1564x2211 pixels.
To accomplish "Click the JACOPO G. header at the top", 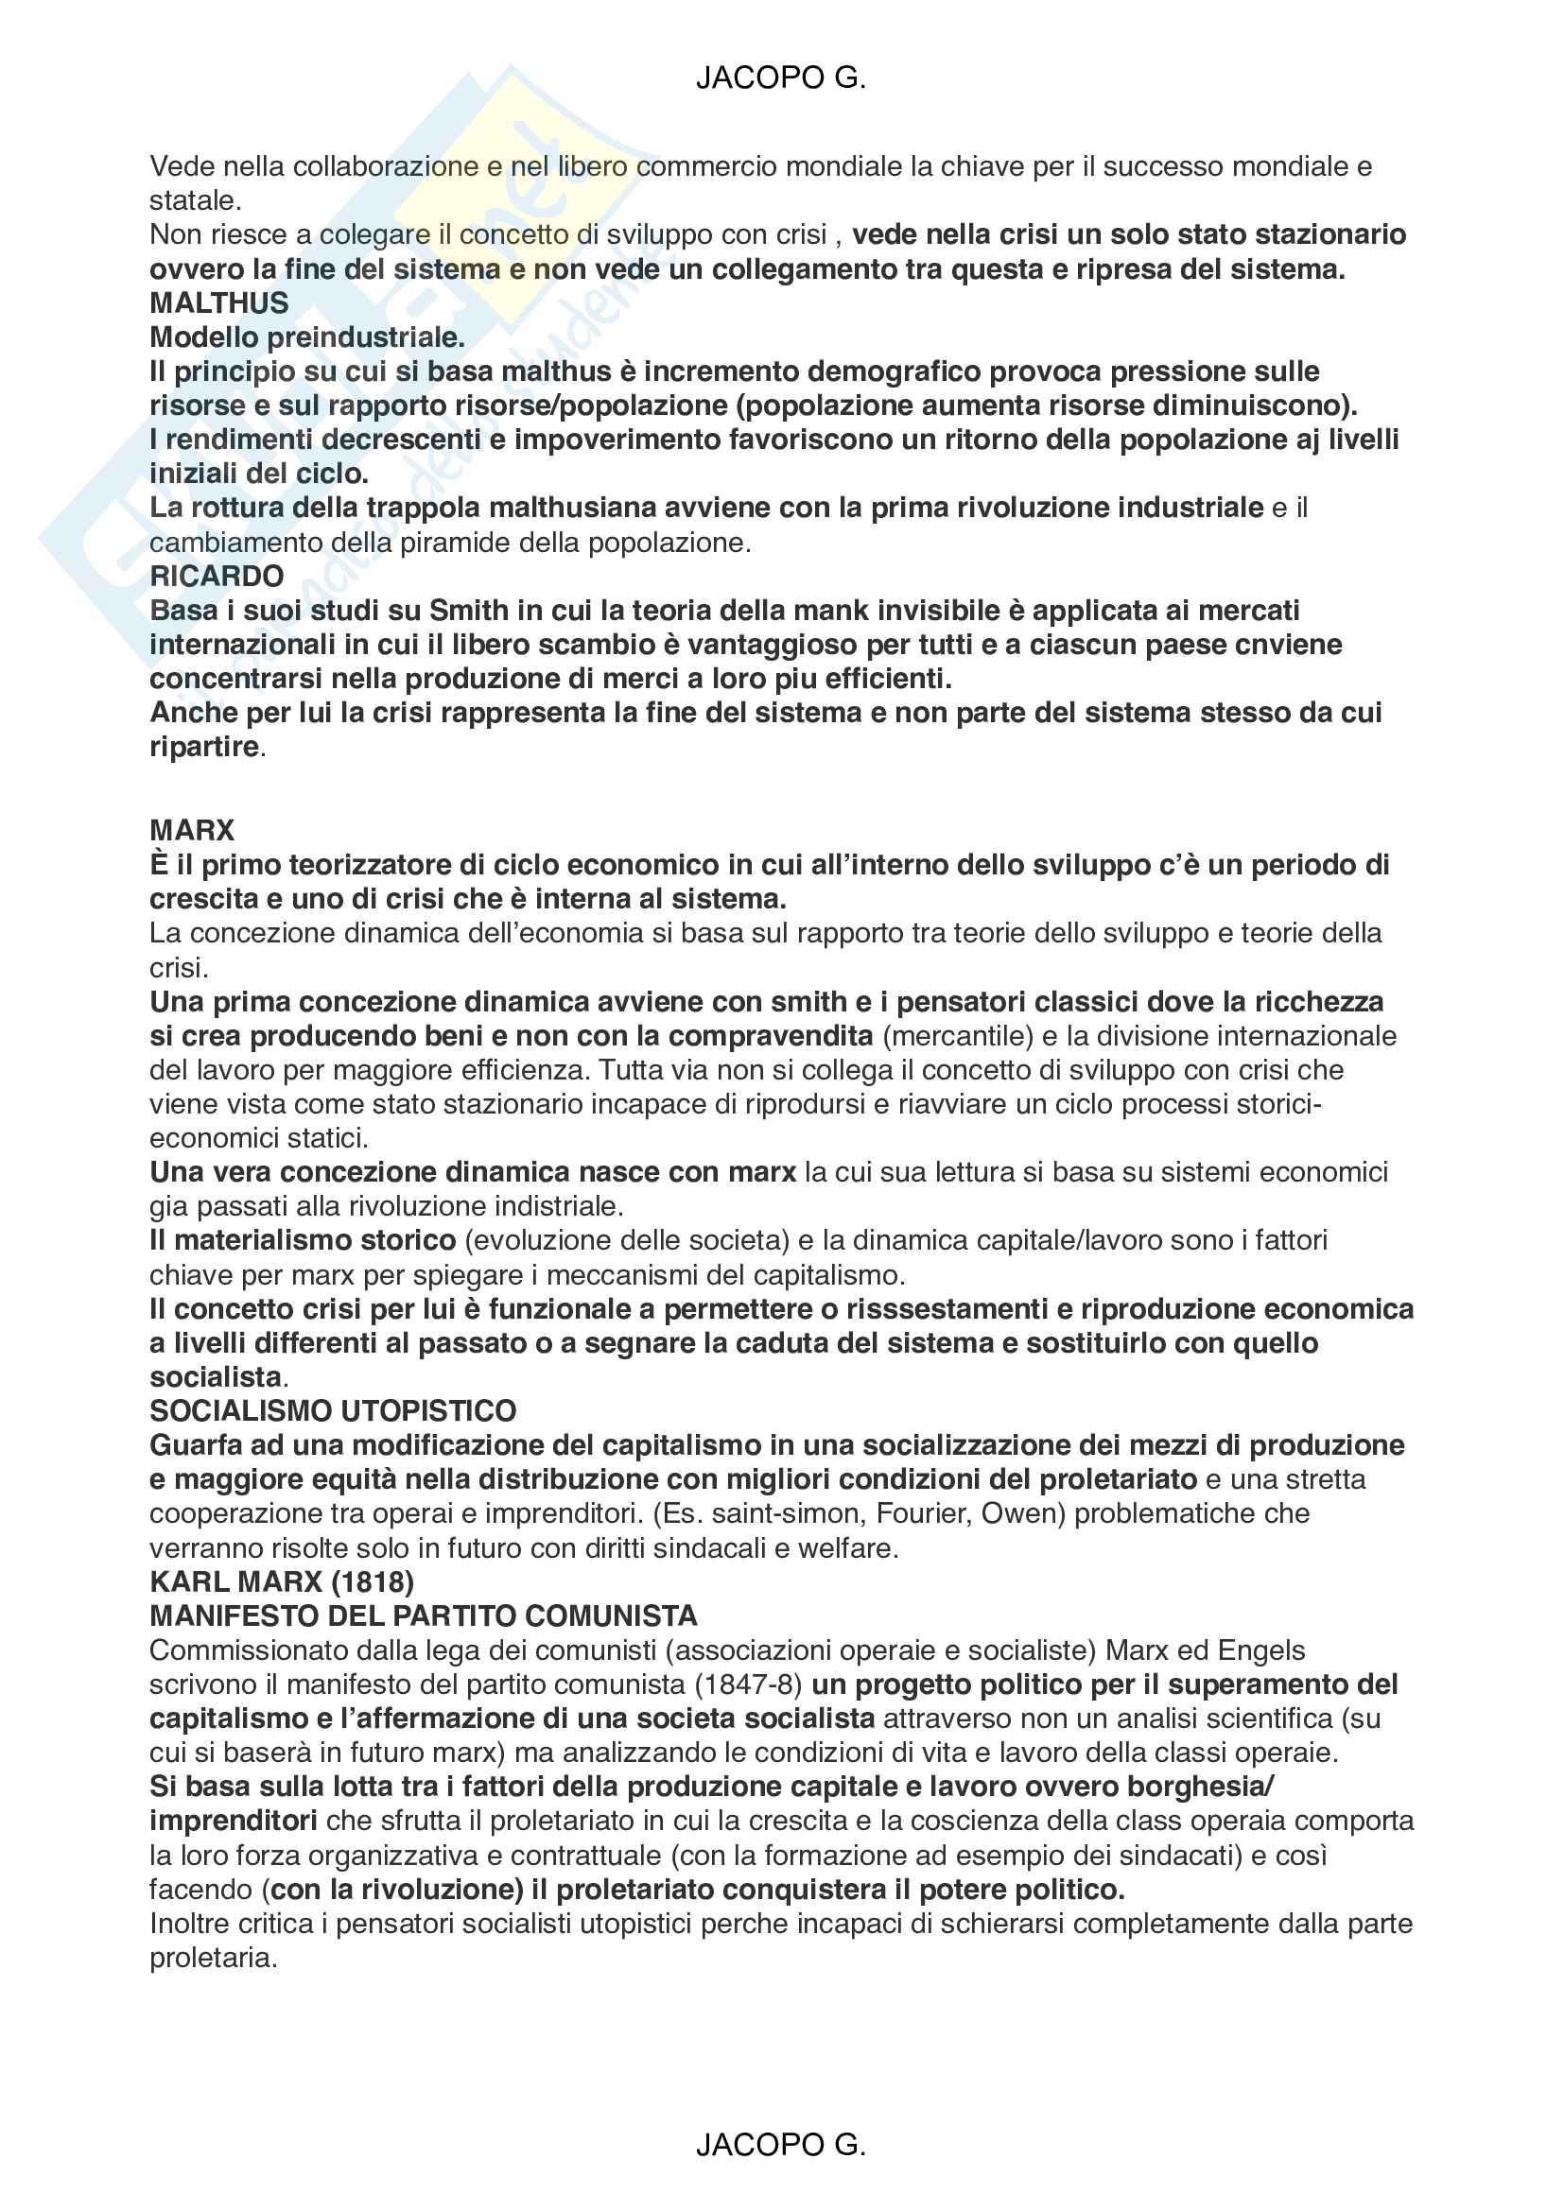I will coord(780,78).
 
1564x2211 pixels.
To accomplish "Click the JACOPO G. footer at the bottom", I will coord(780,2145).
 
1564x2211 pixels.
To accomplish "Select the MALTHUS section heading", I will coord(218,303).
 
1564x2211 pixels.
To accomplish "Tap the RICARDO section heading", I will coord(217,576).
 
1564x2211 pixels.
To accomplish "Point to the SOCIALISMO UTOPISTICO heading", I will coord(333,1410).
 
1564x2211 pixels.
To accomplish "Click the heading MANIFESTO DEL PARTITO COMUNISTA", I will coord(424,1615).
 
